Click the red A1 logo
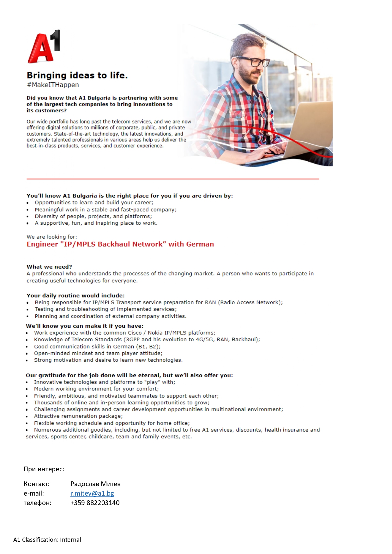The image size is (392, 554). (44, 47)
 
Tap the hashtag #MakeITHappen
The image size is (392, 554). (53, 85)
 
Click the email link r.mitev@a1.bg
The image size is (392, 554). (92, 493)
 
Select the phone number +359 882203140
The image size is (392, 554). (95, 503)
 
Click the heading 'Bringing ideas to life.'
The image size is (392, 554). (77, 75)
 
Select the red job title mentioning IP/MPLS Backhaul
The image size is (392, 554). (120, 244)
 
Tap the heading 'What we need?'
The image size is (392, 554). (49, 267)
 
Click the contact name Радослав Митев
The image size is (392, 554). (95, 484)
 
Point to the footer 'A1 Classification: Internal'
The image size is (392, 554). (47, 540)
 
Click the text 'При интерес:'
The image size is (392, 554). (44, 469)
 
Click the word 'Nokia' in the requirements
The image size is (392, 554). (155, 333)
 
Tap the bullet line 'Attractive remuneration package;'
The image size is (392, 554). (78, 416)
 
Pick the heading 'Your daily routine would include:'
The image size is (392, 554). (75, 296)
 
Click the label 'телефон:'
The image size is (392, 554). (38, 503)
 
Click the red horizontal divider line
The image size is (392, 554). (173, 179)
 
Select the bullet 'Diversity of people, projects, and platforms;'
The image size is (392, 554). (93, 217)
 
